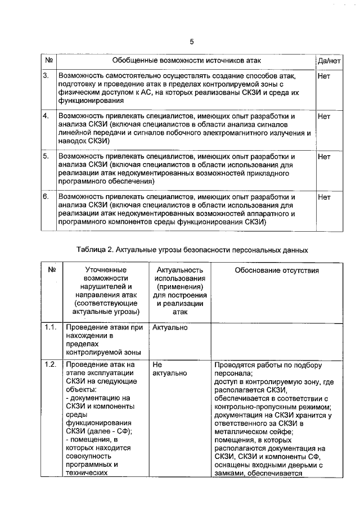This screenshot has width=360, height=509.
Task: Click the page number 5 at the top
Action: (191, 42)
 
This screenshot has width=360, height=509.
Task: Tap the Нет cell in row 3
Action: (324, 75)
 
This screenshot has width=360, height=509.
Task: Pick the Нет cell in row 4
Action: (324, 116)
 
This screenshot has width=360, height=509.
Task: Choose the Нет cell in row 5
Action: (324, 157)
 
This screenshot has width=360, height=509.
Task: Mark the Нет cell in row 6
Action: (324, 197)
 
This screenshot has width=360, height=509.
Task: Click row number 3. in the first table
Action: (46, 75)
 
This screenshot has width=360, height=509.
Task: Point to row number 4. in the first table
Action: (46, 116)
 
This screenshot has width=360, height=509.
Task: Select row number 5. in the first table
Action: (46, 157)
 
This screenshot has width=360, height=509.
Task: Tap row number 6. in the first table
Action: (46, 197)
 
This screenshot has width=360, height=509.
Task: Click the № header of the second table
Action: (51, 271)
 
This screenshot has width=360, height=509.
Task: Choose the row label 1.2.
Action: (50, 364)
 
